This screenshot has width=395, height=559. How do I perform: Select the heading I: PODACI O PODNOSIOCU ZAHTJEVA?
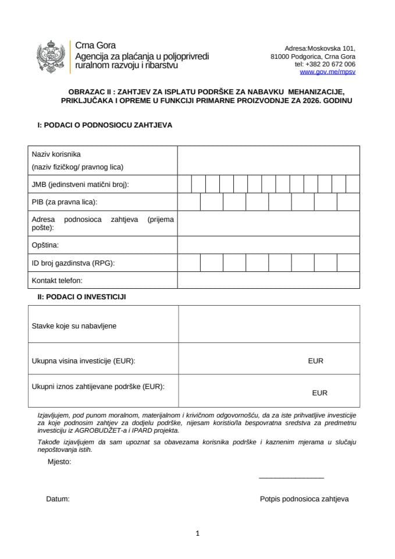pos(105,125)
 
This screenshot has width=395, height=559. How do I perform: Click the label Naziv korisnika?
pos(56,154)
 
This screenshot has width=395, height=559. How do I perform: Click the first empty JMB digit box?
pos(184,184)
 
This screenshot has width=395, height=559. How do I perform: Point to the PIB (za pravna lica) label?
pos(65,202)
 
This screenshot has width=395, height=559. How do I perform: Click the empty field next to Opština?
pos(268,245)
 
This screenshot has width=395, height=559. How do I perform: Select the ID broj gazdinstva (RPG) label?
pos(73,263)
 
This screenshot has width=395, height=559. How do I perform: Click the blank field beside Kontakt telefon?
pos(268,281)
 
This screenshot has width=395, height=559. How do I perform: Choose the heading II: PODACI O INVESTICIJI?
pos(81,296)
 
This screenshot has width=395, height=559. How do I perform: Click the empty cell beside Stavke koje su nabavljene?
pos(268,324)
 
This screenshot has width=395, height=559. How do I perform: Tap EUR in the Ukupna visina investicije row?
pos(315,361)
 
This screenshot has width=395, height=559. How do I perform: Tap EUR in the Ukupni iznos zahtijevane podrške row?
pos(319,393)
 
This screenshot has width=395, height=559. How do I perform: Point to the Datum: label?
pos(58,499)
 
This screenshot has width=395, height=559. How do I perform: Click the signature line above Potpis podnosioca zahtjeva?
pos(291,477)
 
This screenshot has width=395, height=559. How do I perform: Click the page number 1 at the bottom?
pos(198,533)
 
